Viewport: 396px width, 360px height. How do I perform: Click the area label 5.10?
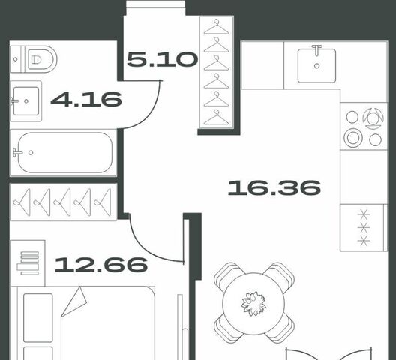(x=162, y=59)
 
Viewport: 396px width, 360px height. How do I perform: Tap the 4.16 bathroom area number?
(x=86, y=99)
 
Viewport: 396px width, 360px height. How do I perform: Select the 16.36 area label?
(x=274, y=187)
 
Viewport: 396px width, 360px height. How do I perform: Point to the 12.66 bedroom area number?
(x=101, y=265)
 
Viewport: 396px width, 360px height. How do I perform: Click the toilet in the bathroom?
(x=34, y=59)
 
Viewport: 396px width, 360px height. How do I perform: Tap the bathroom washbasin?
(x=25, y=101)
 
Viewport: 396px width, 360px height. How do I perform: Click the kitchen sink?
(x=316, y=66)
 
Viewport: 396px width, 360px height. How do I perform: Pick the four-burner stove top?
(x=364, y=127)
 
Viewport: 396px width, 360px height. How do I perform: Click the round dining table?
(x=253, y=304)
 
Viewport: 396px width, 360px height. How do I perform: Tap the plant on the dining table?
(x=253, y=304)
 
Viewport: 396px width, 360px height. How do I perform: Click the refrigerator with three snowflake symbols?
(x=364, y=227)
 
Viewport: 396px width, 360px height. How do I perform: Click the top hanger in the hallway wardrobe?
(x=217, y=27)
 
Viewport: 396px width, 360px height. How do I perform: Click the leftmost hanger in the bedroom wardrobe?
(x=22, y=202)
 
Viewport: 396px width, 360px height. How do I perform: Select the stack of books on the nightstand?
(x=28, y=263)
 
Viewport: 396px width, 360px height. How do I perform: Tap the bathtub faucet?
(x=17, y=152)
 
